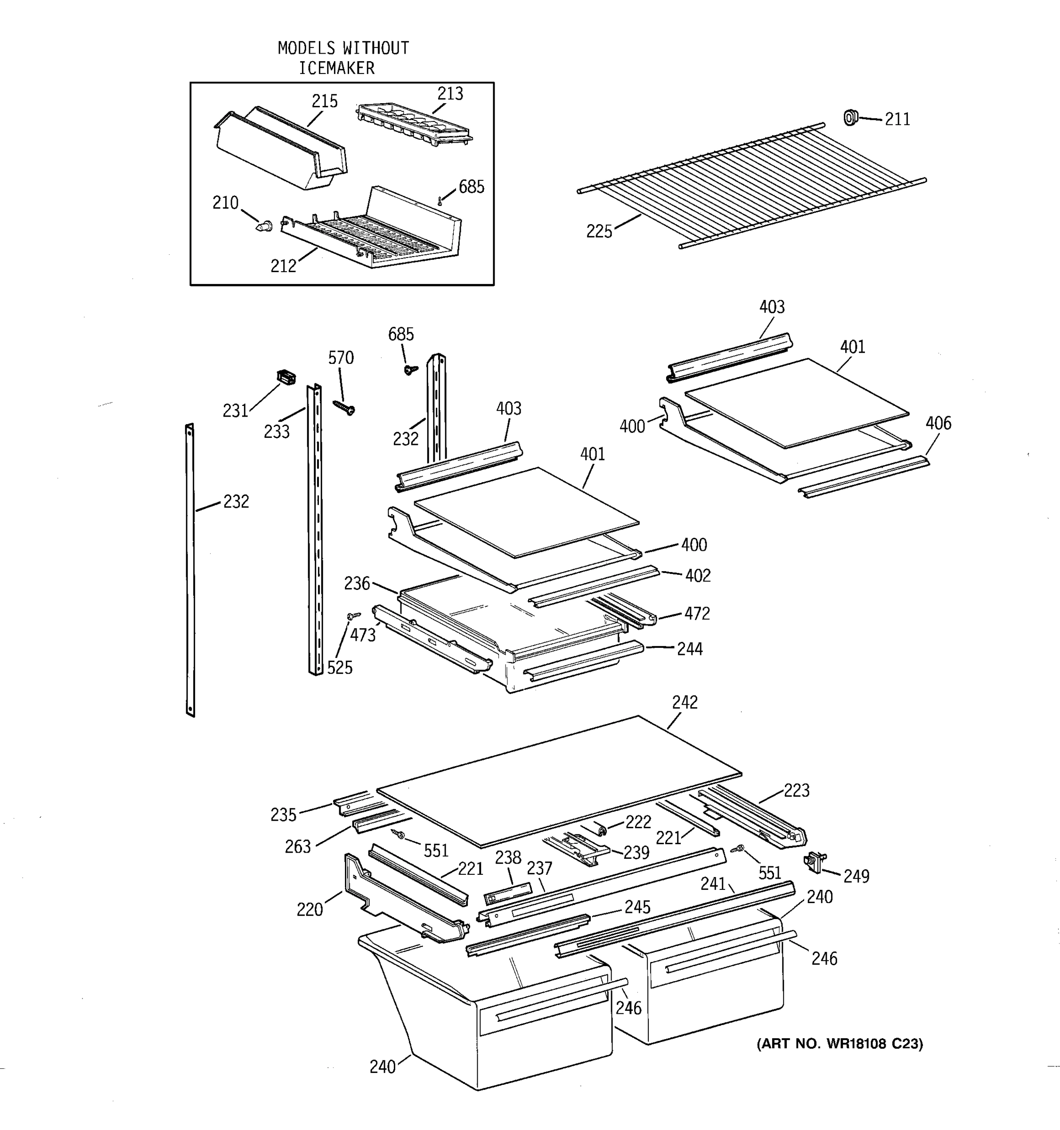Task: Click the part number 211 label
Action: tap(897, 120)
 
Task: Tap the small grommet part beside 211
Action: tap(849, 118)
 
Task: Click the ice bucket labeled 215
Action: tap(282, 148)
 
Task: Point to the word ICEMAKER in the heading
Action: tap(337, 68)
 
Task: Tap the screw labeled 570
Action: tap(344, 407)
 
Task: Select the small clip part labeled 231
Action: tap(286, 376)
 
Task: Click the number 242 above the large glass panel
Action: tap(685, 702)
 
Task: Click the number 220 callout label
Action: tap(310, 910)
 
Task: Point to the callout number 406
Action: tap(938, 423)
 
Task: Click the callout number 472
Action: tap(697, 614)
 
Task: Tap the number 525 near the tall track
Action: tap(340, 668)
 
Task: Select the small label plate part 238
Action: tap(507, 895)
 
